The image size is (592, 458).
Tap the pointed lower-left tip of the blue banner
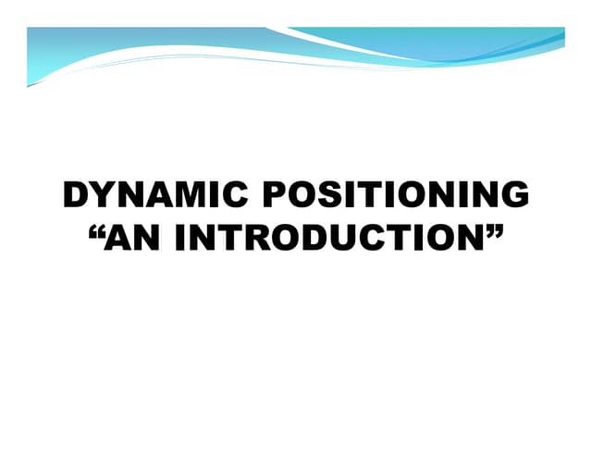coord(29,85)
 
